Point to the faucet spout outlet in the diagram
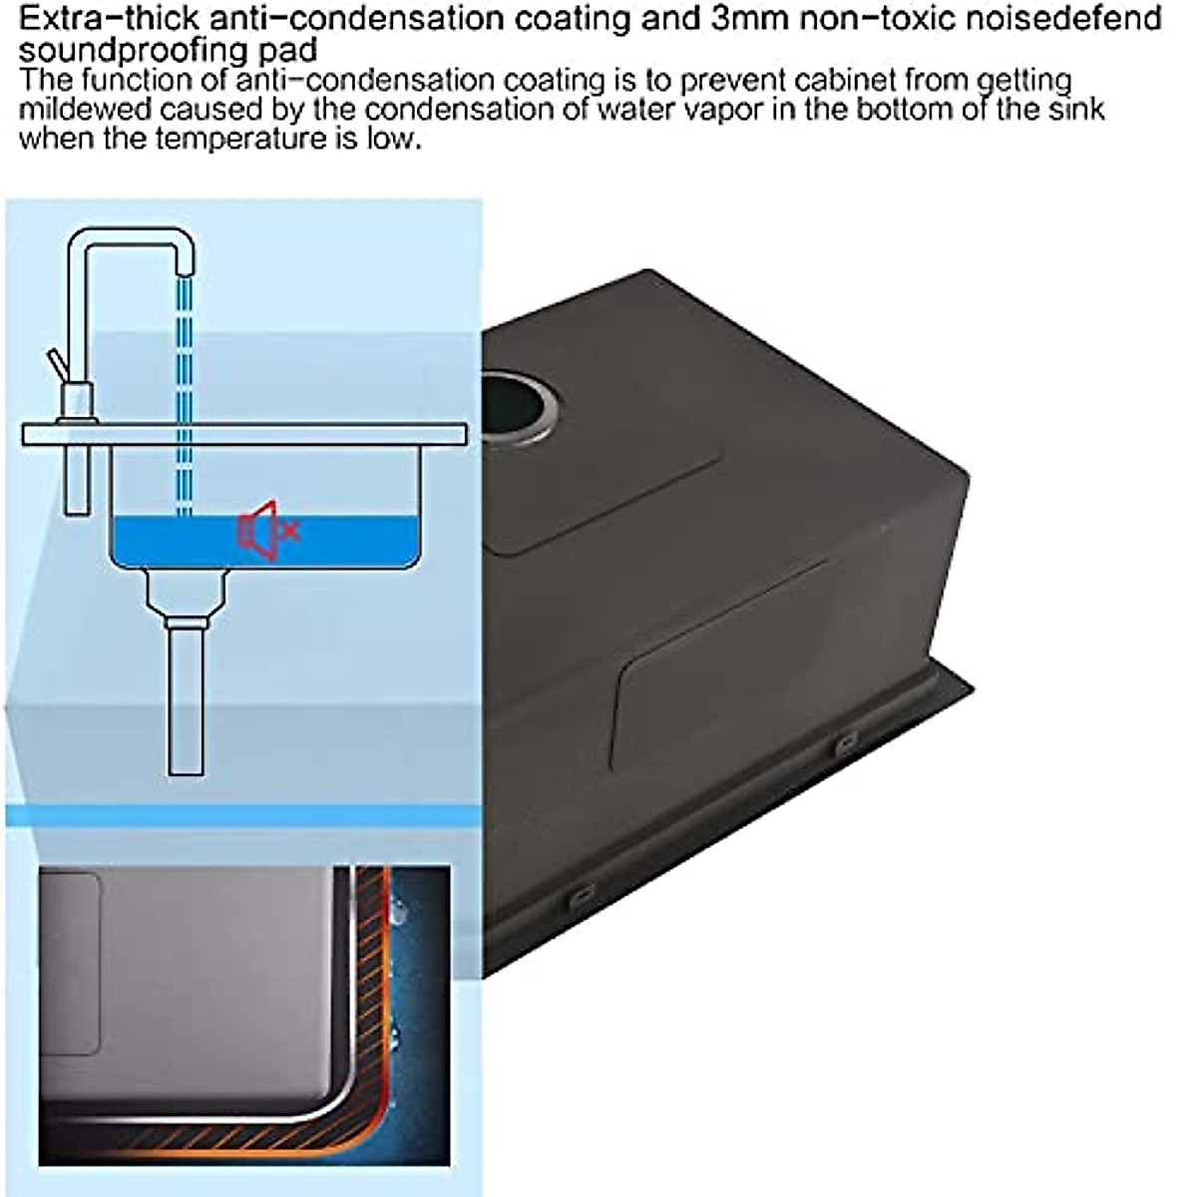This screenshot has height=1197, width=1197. click(182, 261)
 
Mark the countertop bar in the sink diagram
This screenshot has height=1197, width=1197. click(244, 435)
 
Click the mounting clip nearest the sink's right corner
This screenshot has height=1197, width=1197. click(846, 743)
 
